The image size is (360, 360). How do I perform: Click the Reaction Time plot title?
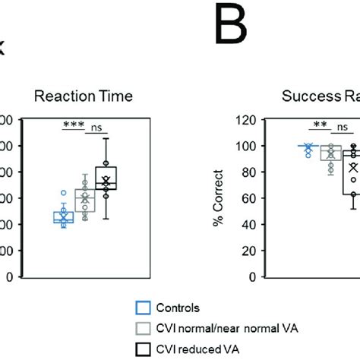[x=85, y=96]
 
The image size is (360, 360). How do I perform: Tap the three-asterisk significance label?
[x=73, y=124]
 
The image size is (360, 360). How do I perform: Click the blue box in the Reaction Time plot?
[x=63, y=217]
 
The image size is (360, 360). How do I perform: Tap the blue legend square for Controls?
[x=142, y=308]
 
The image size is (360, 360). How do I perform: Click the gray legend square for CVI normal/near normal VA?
[x=142, y=329]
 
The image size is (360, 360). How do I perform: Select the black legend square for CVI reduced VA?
[x=142, y=349]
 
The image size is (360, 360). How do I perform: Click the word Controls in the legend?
[x=179, y=308]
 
